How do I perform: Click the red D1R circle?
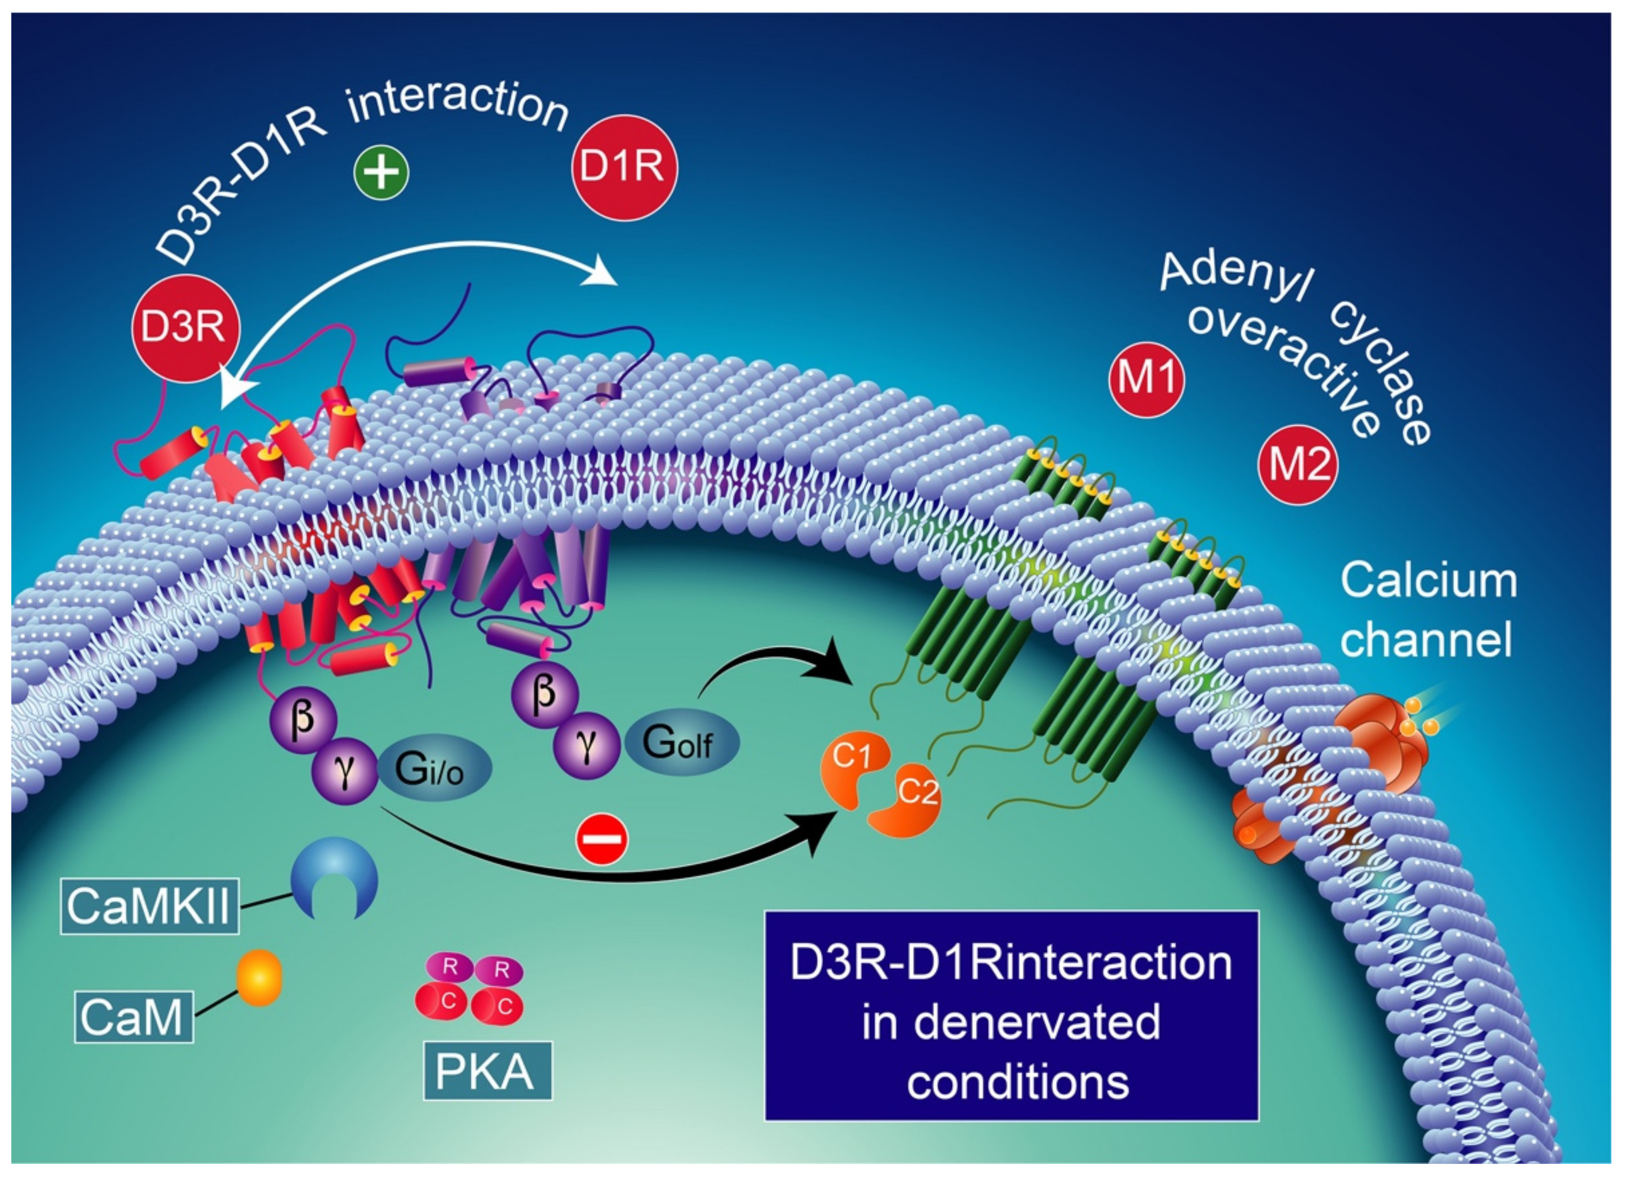[x=623, y=168]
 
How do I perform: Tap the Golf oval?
[x=681, y=742]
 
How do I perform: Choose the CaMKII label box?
[x=149, y=907]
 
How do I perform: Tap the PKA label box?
[x=487, y=1072]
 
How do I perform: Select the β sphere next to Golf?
[x=545, y=694]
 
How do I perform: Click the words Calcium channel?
[x=1427, y=609]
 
